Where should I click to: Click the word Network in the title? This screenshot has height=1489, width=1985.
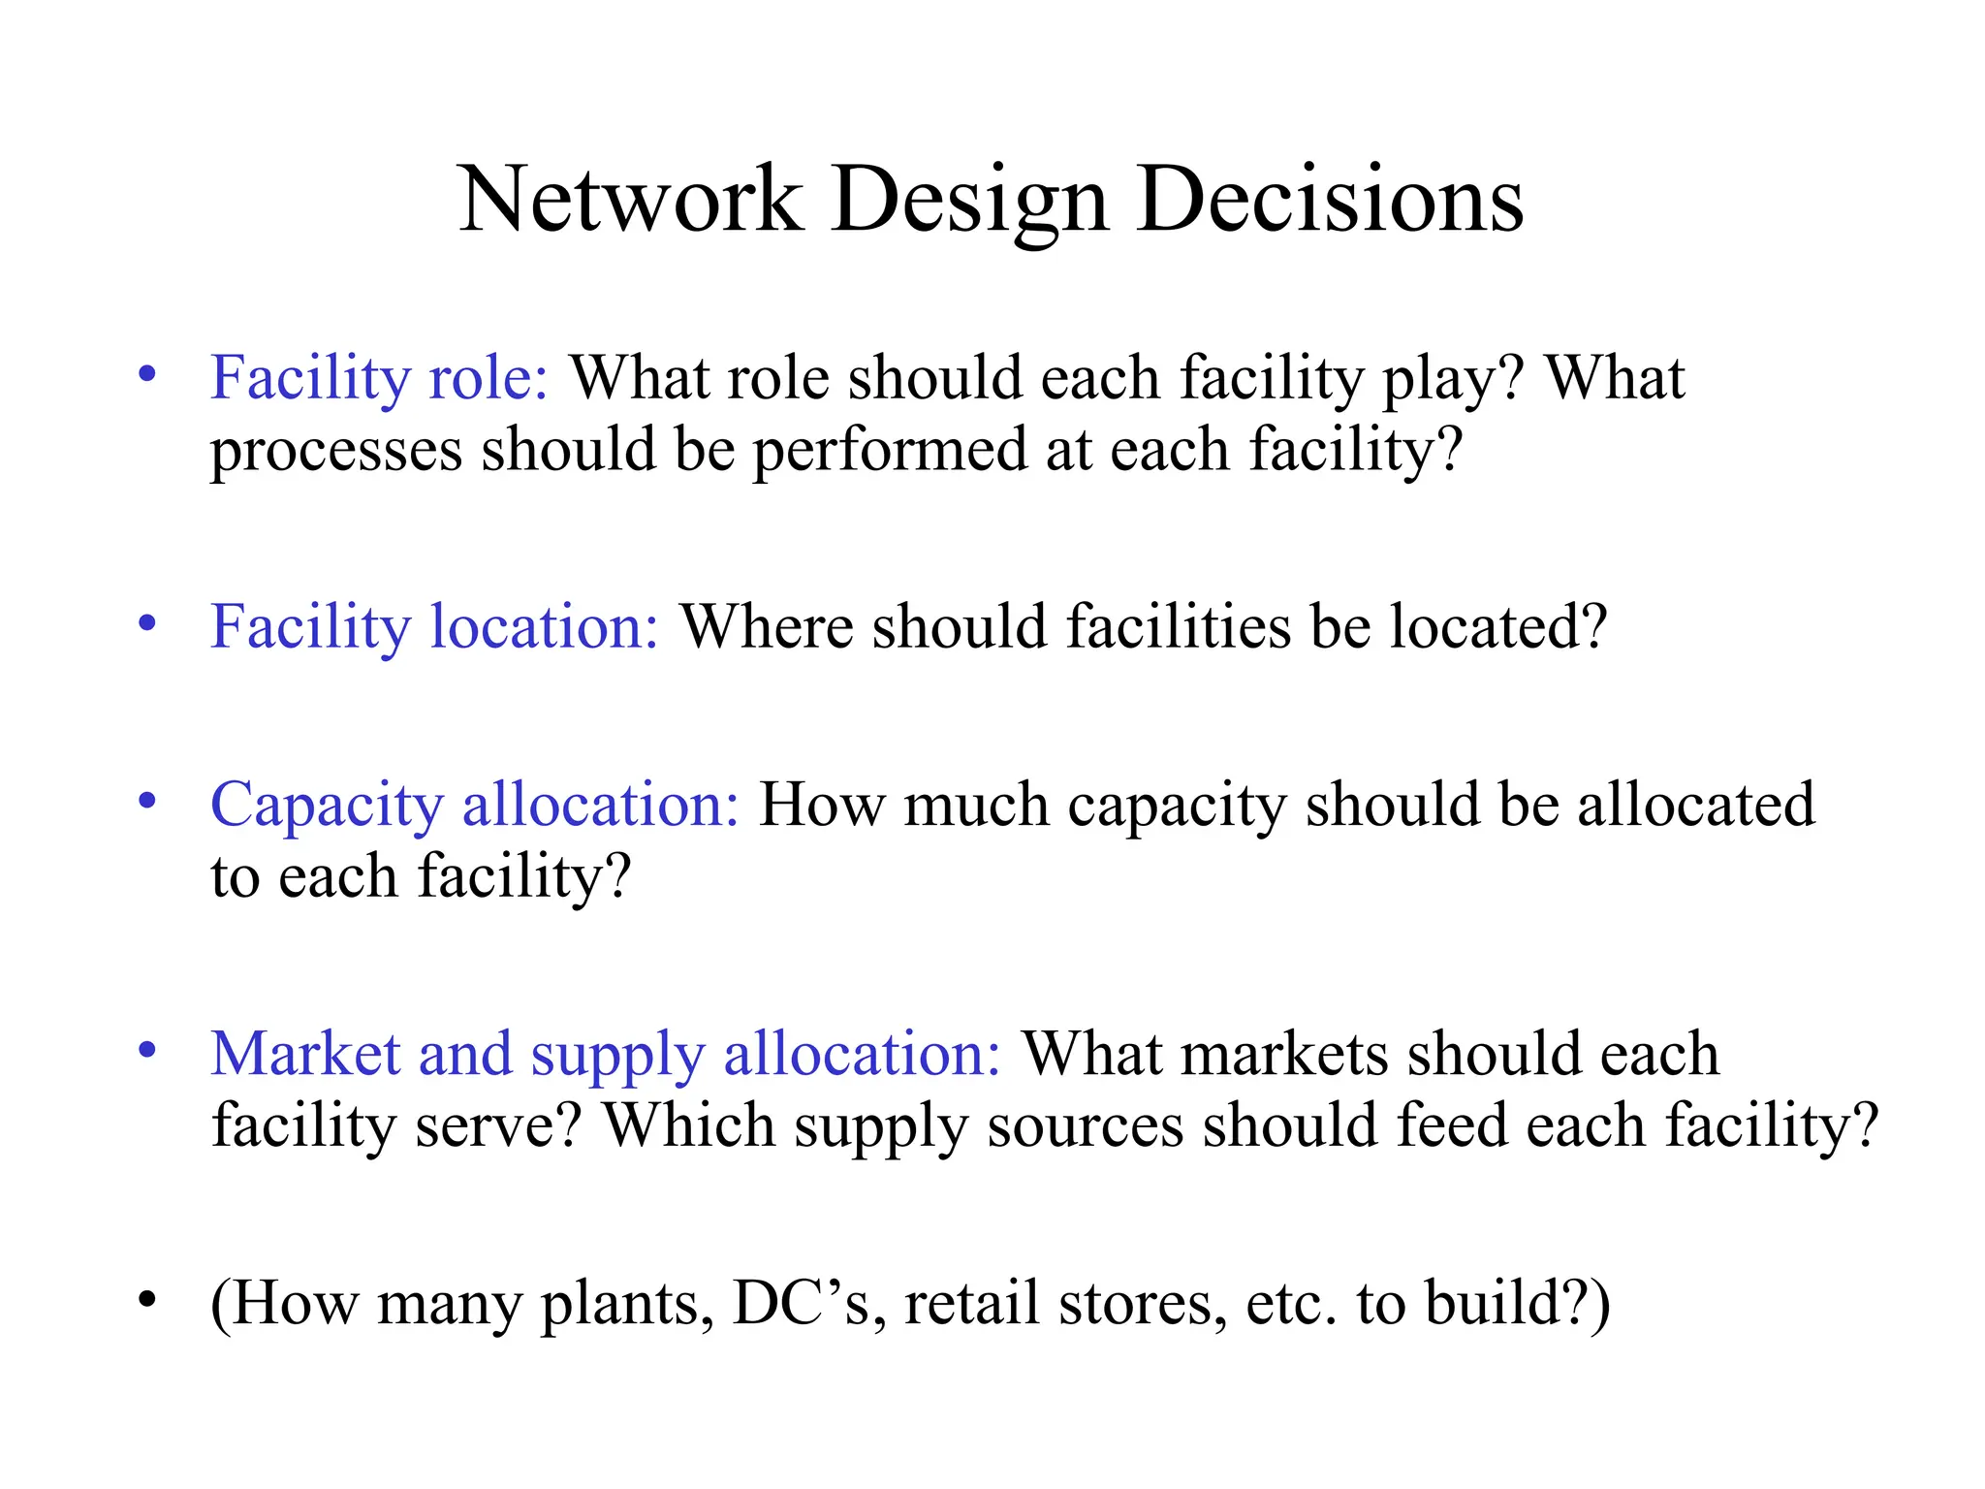click(630, 200)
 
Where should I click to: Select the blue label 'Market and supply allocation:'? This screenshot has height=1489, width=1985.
click(606, 1055)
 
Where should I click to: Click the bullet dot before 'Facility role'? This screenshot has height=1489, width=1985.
click(147, 374)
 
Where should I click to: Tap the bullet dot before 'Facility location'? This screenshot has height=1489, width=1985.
click(147, 623)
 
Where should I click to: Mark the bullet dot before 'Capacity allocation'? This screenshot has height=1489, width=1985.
click(147, 802)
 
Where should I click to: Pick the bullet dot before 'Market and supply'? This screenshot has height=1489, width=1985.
click(147, 1051)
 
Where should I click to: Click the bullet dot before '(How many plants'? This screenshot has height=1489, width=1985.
click(147, 1299)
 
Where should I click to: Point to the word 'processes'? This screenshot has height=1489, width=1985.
click(336, 453)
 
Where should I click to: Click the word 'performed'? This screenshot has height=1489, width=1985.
click(890, 451)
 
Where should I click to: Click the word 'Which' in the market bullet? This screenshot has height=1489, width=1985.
click(689, 1125)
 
